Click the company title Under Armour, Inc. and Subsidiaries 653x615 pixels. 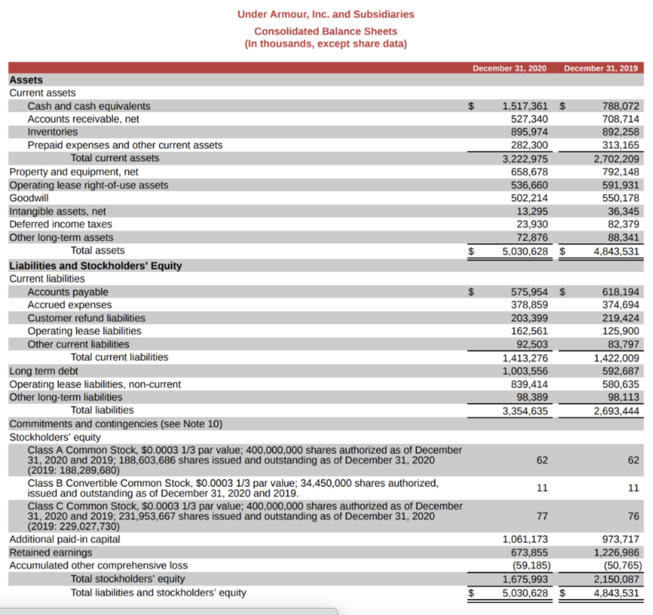325,14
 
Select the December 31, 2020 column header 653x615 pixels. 510,68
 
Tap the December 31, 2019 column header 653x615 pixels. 601,68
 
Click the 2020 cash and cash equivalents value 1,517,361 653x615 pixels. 525,106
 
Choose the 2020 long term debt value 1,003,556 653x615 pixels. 525,371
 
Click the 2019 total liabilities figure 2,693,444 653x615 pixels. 616,411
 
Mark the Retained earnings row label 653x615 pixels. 50,552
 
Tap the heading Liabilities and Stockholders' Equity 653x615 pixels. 96,266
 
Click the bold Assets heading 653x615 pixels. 26,80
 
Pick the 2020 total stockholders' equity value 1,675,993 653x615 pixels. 525,579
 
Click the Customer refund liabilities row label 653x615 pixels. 86,318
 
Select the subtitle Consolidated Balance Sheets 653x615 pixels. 325,31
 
